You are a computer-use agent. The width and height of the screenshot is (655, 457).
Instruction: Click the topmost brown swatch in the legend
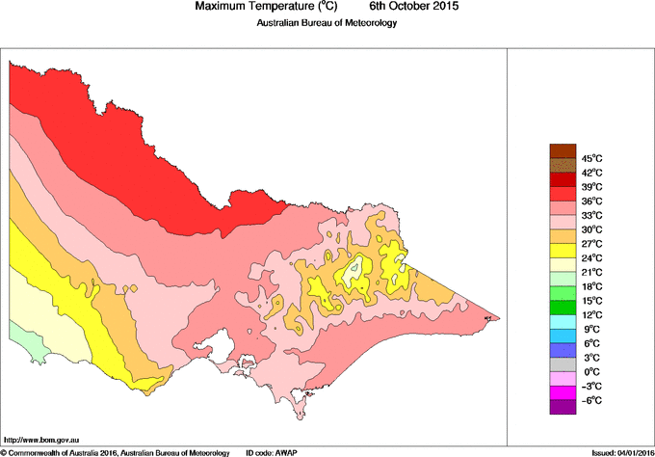click(563, 150)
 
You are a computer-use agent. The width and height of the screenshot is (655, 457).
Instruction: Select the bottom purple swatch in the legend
click(563, 407)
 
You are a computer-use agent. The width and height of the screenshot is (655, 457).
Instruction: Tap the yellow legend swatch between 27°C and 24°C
click(563, 251)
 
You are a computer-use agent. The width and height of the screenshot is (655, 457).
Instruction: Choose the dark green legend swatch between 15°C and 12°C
click(563, 308)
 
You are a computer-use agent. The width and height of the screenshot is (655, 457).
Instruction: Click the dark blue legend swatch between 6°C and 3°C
click(563, 350)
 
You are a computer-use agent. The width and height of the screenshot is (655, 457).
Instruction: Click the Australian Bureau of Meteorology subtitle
click(327, 22)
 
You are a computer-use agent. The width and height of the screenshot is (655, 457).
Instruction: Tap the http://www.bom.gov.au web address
click(39, 439)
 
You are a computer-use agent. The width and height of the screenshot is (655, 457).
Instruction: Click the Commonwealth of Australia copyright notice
click(116, 451)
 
